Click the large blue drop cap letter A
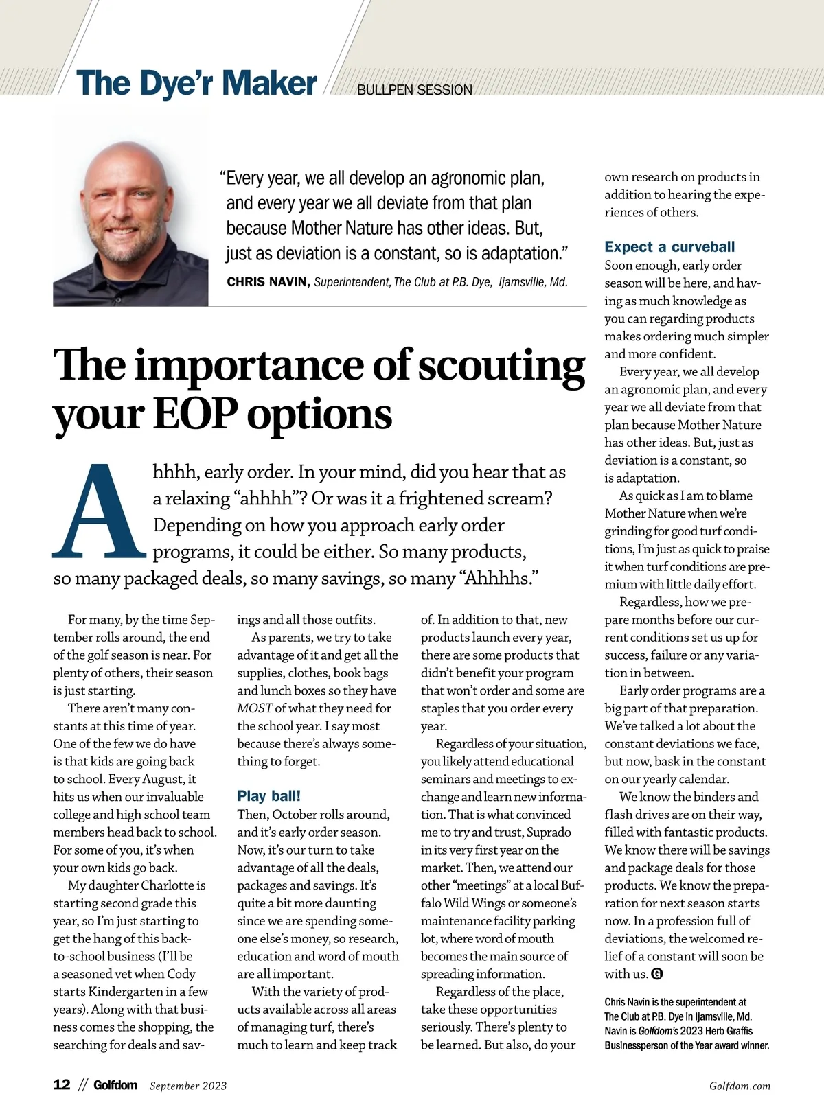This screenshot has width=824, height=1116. coord(99,511)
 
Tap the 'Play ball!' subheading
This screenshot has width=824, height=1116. coord(268,796)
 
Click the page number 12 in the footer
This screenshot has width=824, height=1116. coord(62,1084)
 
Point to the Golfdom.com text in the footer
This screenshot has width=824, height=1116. coord(740,1086)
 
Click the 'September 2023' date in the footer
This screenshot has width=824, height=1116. coord(188,1086)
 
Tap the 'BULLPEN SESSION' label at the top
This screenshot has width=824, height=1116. coord(415,90)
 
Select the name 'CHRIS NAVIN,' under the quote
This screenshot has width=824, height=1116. coord(268,282)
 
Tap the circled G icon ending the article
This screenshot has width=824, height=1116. coord(656,974)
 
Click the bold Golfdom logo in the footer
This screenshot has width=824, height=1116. coord(115,1085)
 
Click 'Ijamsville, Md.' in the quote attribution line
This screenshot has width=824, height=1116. coord(533,282)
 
